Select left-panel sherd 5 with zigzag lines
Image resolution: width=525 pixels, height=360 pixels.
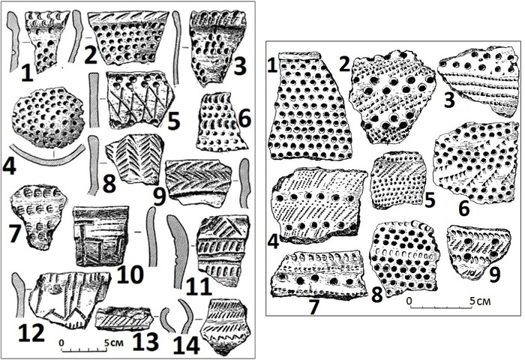(x=138, y=99)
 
